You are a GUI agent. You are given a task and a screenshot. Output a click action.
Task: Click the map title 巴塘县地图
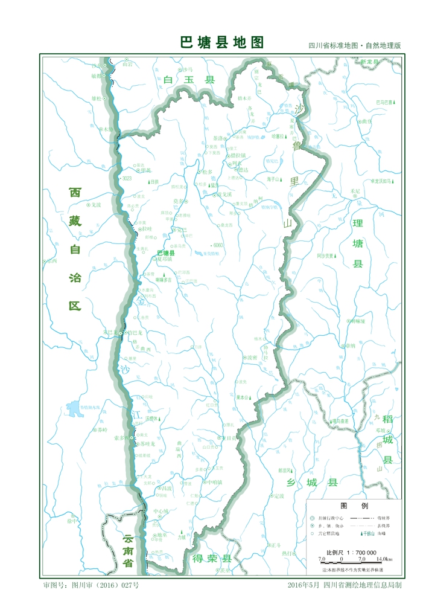pos(222,43)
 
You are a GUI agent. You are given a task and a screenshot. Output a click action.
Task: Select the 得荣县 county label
pos(211,557)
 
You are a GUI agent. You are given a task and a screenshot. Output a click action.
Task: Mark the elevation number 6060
pos(218,245)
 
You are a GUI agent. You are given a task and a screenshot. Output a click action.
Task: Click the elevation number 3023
pos(126,179)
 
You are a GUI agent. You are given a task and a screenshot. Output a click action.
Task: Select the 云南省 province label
pos(127,550)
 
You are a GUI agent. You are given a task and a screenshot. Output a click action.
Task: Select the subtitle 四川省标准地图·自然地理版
pos(354,46)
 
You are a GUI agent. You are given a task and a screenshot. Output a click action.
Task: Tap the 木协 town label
pos(107,129)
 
